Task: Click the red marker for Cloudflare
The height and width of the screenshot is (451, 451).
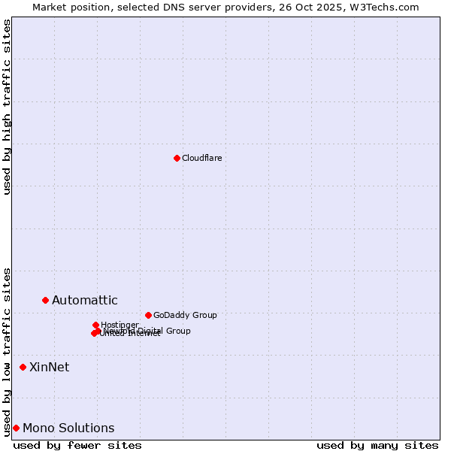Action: pyautogui.click(x=177, y=158)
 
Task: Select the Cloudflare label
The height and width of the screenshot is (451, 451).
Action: pyautogui.click(x=201, y=158)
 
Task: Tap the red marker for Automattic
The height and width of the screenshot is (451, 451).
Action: pyautogui.click(x=45, y=300)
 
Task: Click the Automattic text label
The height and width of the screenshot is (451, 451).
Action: pyautogui.click(x=84, y=301)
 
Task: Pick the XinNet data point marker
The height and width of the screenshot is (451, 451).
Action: pyautogui.click(x=23, y=367)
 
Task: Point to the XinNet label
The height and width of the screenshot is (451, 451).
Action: pyautogui.click(x=49, y=367)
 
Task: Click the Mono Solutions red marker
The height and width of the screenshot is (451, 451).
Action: pyautogui.click(x=16, y=428)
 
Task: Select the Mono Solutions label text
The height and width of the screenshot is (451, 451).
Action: pyautogui.click(x=68, y=428)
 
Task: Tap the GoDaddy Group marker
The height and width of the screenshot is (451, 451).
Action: pyautogui.click(x=148, y=315)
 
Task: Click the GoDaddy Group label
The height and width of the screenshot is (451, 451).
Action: pyautogui.click(x=185, y=315)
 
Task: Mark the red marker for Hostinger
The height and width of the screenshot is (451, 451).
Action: pyautogui.click(x=95, y=325)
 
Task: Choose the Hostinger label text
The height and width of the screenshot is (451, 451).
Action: pyautogui.click(x=120, y=325)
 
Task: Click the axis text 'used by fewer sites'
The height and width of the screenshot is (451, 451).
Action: pyautogui.click(x=77, y=445)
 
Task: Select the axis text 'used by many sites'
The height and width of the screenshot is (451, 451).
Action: pyautogui.click(x=377, y=445)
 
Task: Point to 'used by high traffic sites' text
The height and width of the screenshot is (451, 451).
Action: pyautogui.click(x=7, y=107)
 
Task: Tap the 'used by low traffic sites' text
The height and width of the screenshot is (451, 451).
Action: pyautogui.click(x=7, y=351)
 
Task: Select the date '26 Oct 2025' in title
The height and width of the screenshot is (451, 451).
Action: pyautogui.click(x=317, y=7)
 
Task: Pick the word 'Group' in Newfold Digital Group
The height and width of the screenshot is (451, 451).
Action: pyautogui.click(x=178, y=331)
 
